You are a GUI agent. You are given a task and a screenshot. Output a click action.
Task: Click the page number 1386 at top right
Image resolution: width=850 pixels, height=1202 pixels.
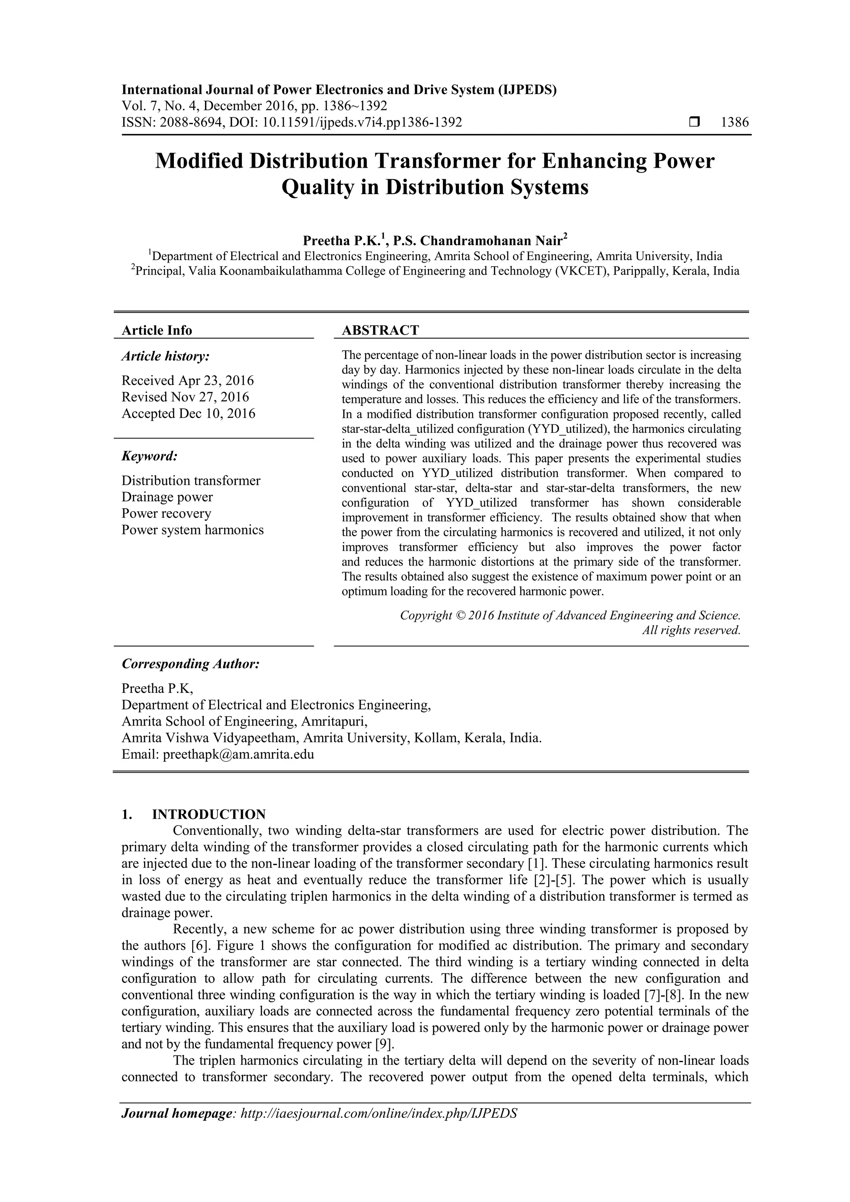coord(735,122)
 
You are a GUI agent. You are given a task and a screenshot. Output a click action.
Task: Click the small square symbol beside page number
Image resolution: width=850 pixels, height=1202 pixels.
coord(694,122)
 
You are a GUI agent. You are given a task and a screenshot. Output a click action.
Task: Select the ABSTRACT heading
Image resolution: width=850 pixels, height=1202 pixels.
coord(380,330)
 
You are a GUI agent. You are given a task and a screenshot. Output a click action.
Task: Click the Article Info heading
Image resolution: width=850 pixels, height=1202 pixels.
coord(157,330)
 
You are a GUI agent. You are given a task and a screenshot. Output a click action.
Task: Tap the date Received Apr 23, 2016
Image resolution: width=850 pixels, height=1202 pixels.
coord(188,380)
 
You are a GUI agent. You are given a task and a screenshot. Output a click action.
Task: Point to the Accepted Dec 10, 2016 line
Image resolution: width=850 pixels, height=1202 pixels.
coord(188,414)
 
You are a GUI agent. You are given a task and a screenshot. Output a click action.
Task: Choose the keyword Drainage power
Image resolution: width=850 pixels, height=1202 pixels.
coord(167,497)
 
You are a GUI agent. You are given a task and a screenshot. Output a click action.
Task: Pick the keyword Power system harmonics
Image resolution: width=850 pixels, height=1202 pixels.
coord(193,530)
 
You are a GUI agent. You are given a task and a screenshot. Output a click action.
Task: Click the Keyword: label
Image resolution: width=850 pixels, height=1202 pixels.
coord(150,456)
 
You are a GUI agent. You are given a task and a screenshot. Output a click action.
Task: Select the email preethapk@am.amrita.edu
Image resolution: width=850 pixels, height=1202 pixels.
coord(238,754)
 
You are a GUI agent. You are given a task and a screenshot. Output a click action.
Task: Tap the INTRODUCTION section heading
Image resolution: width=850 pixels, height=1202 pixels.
coord(208,814)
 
